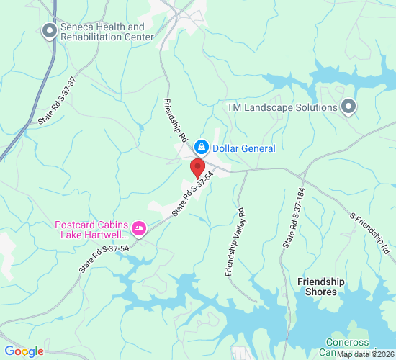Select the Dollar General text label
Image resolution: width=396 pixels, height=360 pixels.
[x=244, y=148]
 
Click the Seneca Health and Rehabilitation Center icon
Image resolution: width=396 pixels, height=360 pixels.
[x=49, y=31]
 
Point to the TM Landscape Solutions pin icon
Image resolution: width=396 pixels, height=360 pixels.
[x=348, y=107]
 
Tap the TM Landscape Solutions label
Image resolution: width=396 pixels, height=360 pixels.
[x=282, y=107]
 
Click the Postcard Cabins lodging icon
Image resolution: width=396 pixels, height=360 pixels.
[x=139, y=229]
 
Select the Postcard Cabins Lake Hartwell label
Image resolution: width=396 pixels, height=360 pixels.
[x=92, y=229]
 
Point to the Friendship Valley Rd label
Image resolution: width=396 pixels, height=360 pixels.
[x=234, y=242]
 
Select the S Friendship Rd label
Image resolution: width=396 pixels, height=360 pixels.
[x=372, y=233]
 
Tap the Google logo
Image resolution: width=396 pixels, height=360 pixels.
[x=24, y=351]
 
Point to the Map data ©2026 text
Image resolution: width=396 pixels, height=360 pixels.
[x=364, y=354]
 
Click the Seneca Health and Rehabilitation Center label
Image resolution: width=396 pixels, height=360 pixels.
[x=102, y=32]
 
